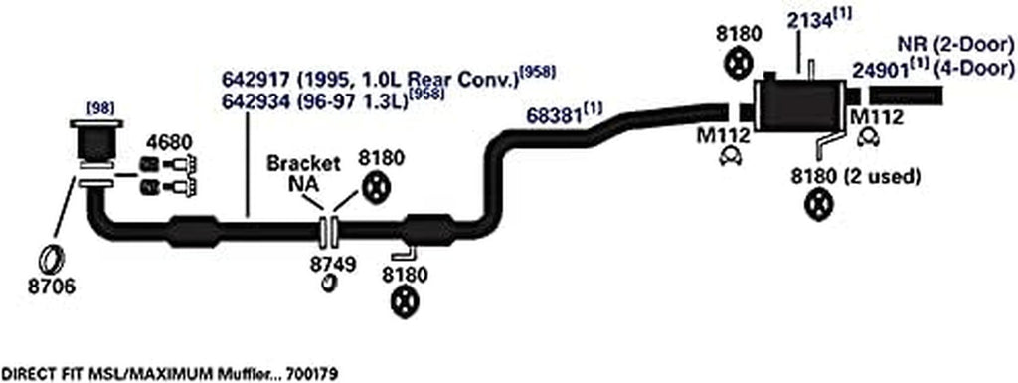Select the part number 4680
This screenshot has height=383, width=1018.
(168, 141)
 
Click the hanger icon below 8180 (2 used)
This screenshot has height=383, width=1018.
(817, 208)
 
